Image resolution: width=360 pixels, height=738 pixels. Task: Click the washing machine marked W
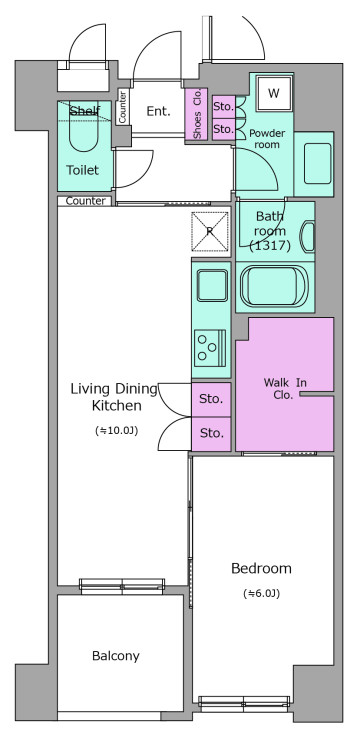273,93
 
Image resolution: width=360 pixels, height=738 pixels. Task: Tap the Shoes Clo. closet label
196,115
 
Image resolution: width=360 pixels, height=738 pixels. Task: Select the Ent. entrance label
158,112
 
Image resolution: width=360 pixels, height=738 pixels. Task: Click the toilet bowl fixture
84,127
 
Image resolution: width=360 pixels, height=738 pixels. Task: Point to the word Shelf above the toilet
85,112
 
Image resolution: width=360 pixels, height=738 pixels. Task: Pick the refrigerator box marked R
210,232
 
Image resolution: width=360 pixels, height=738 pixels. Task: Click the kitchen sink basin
212,285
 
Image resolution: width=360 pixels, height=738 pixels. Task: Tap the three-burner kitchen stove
210,348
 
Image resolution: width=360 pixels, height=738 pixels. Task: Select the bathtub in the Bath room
274,286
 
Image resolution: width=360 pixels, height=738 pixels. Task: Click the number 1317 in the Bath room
271,245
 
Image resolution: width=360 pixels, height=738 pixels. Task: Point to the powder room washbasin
317,163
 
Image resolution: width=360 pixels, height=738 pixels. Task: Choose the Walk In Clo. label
285,389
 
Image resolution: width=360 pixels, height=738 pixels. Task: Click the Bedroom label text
261,569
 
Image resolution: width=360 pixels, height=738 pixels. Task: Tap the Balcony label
116,656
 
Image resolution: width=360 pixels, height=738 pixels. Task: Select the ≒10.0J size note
116,430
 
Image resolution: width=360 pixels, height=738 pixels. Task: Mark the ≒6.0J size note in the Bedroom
261,594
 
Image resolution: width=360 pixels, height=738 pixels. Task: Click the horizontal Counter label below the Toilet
85,201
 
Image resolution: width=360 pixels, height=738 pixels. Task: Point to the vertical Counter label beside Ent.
122,106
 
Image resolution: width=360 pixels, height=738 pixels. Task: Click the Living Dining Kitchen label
114,397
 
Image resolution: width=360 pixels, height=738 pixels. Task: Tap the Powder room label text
267,139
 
